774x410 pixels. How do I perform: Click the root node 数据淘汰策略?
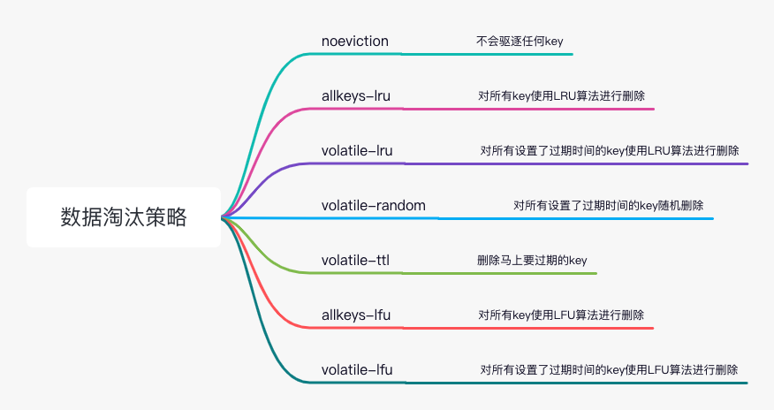(x=124, y=217)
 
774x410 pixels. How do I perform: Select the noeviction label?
(x=355, y=41)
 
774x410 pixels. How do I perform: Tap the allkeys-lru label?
(x=356, y=95)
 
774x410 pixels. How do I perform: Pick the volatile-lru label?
(x=357, y=150)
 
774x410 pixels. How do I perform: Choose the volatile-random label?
(x=374, y=205)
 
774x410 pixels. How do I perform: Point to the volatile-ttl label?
(x=355, y=260)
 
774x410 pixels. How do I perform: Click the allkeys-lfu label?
(x=356, y=315)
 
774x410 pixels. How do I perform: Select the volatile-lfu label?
(x=357, y=369)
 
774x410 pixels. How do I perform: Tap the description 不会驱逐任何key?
(x=520, y=41)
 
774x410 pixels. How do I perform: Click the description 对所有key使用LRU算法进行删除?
(x=561, y=95)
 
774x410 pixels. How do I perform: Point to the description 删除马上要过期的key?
(x=532, y=260)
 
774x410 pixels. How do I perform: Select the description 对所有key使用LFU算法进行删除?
(x=561, y=315)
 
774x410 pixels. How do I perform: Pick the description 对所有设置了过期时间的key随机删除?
(x=608, y=205)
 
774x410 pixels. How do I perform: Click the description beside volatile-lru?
(x=610, y=150)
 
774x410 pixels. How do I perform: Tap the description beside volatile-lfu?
(x=609, y=369)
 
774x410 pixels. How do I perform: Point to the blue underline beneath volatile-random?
(x=467, y=218)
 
